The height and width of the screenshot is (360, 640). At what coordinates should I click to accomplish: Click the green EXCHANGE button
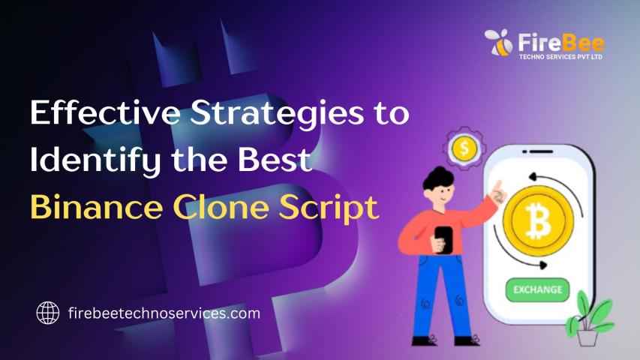(537, 289)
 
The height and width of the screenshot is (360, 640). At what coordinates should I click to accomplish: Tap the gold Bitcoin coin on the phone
(538, 220)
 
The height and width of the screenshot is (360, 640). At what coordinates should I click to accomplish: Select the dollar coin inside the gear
(464, 148)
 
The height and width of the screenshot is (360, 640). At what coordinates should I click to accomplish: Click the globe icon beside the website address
(48, 313)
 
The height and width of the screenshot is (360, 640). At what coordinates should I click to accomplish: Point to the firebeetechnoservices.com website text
(164, 313)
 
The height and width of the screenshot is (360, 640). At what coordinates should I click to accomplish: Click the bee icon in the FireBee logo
(499, 43)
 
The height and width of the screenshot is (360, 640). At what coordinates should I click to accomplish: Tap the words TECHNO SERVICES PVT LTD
(560, 57)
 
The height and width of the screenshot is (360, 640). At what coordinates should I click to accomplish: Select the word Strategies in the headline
(277, 114)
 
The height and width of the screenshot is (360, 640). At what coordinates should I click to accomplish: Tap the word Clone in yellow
(221, 207)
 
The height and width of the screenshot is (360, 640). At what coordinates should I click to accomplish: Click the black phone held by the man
(443, 239)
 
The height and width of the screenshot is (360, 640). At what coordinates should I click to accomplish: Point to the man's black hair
(438, 178)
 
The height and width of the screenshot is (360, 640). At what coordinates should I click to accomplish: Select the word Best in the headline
(275, 159)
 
